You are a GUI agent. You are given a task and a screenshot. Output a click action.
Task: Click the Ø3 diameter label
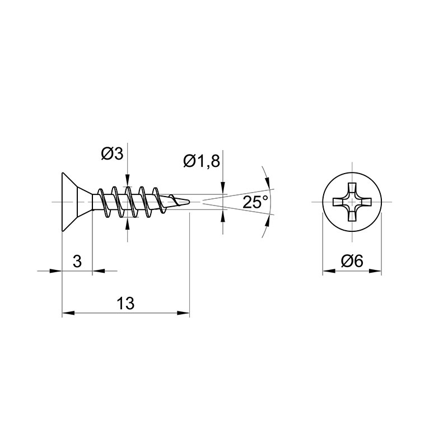pyautogui.click(x=112, y=155)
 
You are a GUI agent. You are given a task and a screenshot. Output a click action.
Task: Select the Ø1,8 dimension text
pyautogui.click(x=202, y=162)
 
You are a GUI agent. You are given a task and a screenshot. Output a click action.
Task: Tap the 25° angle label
pyautogui.click(x=255, y=202)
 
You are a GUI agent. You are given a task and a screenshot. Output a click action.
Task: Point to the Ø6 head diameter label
pyautogui.click(x=352, y=261)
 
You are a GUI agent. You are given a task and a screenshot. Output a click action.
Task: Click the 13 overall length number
pyautogui.click(x=125, y=303)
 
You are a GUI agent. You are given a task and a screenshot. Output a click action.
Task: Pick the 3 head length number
pyautogui.click(x=77, y=261)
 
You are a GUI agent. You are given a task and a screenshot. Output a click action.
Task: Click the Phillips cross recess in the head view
pyautogui.click(x=352, y=202)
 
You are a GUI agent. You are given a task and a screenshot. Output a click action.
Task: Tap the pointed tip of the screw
pyautogui.click(x=190, y=202)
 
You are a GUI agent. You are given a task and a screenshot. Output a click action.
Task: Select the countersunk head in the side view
pyautogui.click(x=77, y=202)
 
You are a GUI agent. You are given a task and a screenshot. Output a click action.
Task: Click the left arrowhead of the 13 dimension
pyautogui.click(x=68, y=313)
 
